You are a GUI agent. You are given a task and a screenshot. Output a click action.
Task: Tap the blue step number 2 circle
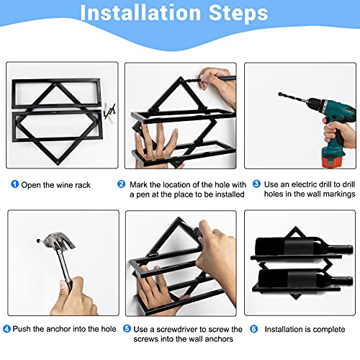122,184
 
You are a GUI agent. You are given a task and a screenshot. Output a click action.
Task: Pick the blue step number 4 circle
7,330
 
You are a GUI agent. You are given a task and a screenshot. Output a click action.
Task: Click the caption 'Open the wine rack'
57,184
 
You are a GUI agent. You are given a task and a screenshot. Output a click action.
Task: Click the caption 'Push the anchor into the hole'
65,330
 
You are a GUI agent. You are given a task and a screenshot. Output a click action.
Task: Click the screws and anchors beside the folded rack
110,112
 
